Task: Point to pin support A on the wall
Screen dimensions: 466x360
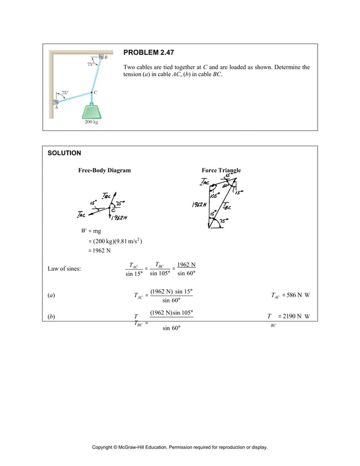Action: pos(55,102)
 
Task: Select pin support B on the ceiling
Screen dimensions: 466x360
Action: pos(101,56)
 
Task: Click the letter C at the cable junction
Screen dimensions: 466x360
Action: pos(95,91)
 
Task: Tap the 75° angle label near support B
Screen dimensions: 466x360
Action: pos(90,64)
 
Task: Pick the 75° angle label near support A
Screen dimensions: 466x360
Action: pos(65,93)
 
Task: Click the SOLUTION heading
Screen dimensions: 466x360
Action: pos(64,153)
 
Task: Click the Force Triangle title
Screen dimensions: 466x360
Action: pos(221,170)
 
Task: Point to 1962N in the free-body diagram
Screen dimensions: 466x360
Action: pos(119,218)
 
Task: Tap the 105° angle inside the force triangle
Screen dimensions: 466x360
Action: pos(215,195)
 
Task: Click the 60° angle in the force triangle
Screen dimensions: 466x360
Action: pos(225,186)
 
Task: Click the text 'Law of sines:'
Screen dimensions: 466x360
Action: pos(64,269)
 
